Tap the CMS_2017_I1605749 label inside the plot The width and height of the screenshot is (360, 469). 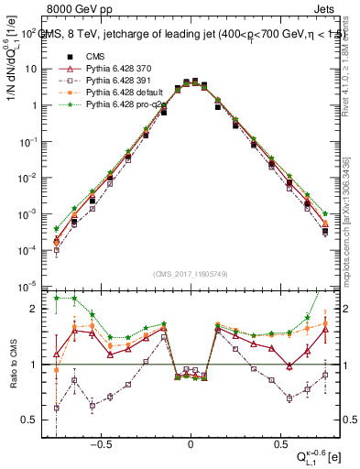[191, 275]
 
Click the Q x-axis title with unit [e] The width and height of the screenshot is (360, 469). [318, 455]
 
